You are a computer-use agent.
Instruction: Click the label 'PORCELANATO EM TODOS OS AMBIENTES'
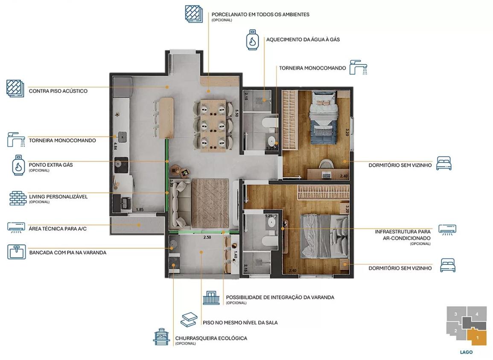tap(260, 15)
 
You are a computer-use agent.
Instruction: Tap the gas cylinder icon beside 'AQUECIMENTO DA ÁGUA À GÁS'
tap(252, 40)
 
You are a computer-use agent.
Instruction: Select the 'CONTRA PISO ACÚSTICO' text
tap(58, 91)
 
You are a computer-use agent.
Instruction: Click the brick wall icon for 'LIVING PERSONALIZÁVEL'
tap(18, 198)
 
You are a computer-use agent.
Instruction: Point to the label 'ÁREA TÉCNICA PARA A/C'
tap(58, 229)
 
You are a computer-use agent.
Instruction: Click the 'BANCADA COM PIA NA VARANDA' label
tap(67, 253)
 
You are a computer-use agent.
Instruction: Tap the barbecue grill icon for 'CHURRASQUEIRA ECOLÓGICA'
tap(162, 337)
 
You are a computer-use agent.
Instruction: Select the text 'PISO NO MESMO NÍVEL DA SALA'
tap(240, 322)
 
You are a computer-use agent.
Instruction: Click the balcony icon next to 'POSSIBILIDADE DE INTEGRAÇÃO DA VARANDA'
tap(211, 298)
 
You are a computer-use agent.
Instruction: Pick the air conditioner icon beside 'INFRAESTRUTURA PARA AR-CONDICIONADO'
tap(447, 230)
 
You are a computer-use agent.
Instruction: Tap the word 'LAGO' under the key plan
tap(466, 352)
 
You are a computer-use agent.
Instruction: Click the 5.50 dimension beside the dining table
tap(236, 113)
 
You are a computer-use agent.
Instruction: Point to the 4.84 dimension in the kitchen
tap(115, 146)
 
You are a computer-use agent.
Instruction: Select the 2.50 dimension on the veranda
tap(207, 238)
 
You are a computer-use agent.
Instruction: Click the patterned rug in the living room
tap(210, 203)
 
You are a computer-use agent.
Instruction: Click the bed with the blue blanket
tap(324, 118)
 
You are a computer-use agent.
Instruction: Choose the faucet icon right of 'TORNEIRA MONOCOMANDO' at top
tap(359, 67)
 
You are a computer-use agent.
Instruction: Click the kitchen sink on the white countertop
tap(122, 136)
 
